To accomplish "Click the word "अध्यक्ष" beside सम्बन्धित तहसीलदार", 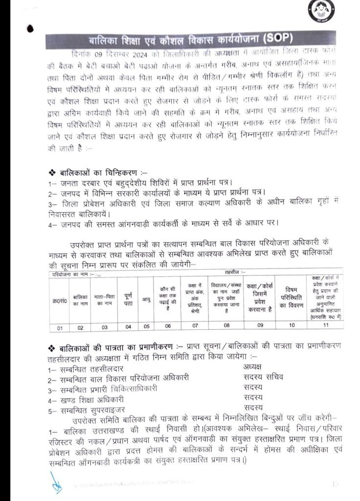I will tap(252, 366).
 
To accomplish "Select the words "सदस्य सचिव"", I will tap(263, 377).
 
